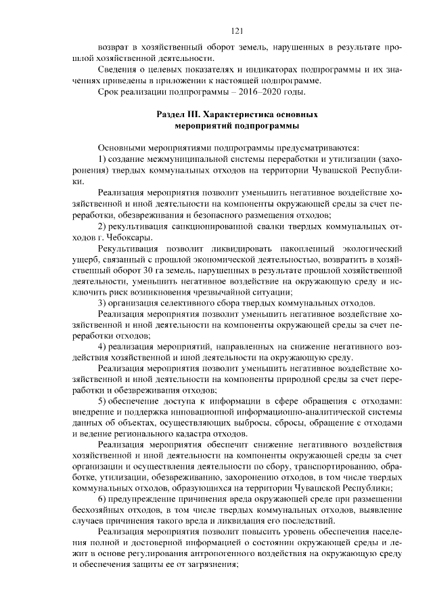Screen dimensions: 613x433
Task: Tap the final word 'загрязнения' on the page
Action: point(207,566)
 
